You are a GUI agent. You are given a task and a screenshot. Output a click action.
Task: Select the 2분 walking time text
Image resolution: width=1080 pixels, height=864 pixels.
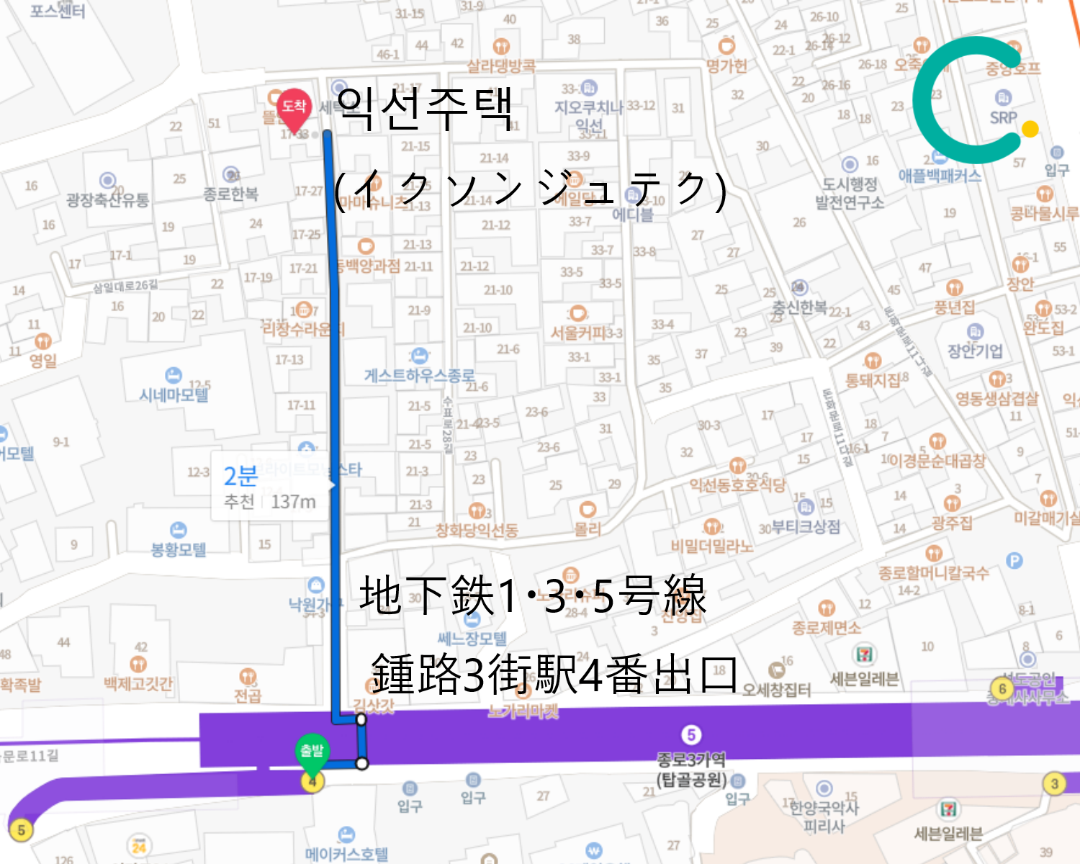240,476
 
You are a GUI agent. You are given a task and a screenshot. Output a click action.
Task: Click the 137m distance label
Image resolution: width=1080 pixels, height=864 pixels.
293,502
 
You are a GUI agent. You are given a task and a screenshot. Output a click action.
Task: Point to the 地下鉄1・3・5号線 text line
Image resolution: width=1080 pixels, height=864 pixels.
533,596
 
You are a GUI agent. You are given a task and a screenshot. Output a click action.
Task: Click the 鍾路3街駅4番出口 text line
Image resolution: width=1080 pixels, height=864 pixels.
554,674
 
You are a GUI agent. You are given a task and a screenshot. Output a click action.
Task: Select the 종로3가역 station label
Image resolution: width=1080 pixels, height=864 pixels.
691,760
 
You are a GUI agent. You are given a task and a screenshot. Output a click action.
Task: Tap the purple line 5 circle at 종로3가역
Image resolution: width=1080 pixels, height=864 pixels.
691,735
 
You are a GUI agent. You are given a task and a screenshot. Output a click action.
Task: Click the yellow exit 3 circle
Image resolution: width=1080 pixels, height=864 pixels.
1054,783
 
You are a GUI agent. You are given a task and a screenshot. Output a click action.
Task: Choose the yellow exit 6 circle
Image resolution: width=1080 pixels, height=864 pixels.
1002,688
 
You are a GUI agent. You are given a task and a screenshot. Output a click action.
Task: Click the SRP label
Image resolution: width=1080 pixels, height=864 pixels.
1003,117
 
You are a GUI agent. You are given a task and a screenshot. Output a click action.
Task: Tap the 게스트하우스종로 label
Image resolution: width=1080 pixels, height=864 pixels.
419,375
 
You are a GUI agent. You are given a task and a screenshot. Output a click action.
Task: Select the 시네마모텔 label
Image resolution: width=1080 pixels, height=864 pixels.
174,395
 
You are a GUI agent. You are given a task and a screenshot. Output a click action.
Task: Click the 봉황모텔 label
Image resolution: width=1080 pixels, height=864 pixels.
178,549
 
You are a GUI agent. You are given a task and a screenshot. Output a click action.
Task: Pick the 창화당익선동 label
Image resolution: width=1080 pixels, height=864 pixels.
477,531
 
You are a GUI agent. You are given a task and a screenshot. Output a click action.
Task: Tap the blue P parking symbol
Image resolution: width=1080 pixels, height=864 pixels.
1014,560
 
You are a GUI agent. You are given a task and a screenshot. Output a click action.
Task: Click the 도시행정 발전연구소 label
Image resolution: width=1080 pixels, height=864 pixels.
850,194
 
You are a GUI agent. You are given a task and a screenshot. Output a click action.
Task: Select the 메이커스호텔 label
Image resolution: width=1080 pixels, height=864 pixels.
346,854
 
